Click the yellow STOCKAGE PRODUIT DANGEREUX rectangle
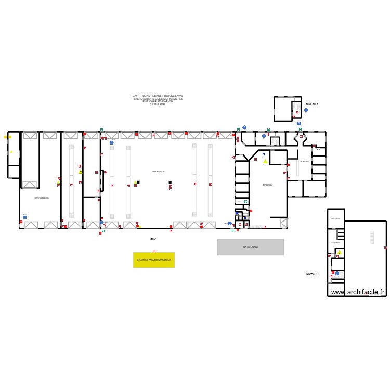point(154,259)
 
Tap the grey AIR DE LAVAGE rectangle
point(250,247)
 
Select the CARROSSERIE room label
point(42,198)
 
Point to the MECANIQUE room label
point(159,171)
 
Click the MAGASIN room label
point(268,185)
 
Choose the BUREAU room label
point(304,162)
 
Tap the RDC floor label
point(153,239)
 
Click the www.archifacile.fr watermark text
point(358,292)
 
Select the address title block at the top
point(158,100)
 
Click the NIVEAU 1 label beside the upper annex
point(312,104)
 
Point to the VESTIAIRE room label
point(335,219)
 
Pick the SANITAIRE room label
point(335,242)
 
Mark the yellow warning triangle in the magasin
point(265,162)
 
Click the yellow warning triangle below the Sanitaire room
point(340,253)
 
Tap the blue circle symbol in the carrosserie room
point(24,217)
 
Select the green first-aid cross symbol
point(246,201)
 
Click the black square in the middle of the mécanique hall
point(170,183)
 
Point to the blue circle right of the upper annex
point(306,110)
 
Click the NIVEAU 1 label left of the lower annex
point(312,274)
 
